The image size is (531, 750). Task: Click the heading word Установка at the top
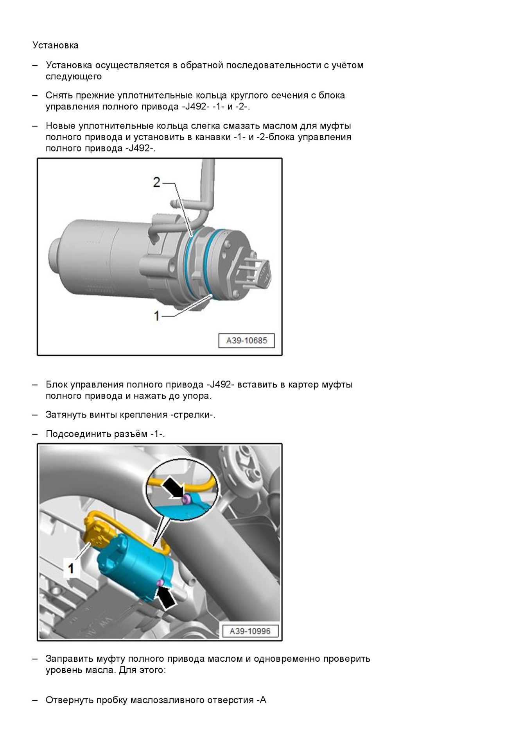tap(56, 45)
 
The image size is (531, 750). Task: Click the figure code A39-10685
tap(246, 340)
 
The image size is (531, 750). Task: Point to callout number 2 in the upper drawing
tap(157, 182)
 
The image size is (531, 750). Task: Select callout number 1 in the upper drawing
tap(157, 315)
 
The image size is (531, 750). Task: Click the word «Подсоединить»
tap(78, 434)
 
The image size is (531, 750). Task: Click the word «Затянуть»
tap(66, 415)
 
